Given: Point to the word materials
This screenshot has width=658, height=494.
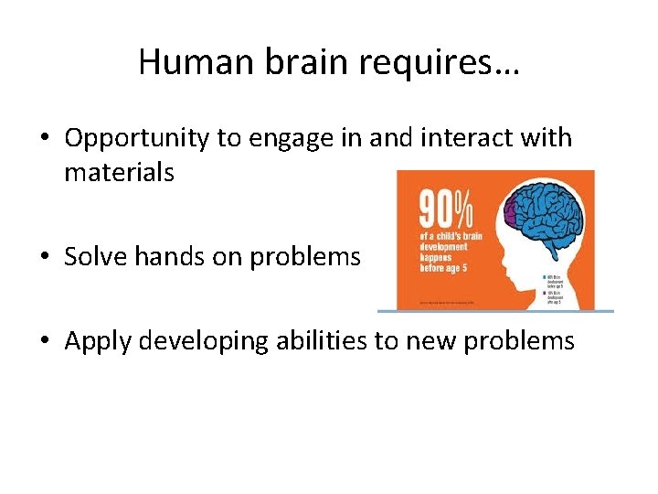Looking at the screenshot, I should click(x=119, y=171).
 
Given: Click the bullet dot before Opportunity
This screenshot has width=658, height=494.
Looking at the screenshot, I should click(x=45, y=140).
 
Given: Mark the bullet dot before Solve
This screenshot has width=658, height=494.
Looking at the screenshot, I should click(x=45, y=258).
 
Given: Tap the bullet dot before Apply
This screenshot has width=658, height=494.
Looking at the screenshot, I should click(x=45, y=342).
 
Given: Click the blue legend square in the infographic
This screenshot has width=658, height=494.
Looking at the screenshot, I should click(x=545, y=276).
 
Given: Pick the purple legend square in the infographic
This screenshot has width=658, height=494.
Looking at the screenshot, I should click(x=545, y=293).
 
